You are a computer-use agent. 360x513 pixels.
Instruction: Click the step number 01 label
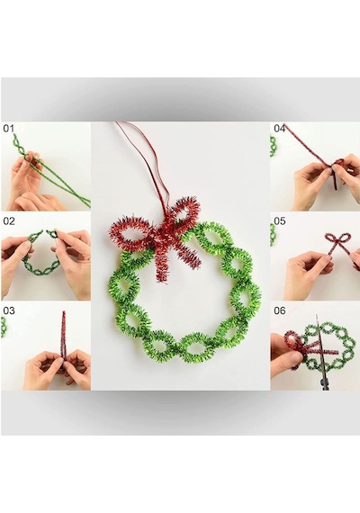coord(8,129)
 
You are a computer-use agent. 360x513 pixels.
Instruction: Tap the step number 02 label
coord(9,221)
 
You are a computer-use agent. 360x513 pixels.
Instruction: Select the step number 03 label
coord(9,310)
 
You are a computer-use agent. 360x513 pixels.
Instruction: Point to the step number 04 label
coord(280,129)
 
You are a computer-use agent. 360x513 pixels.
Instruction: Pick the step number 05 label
coord(280,221)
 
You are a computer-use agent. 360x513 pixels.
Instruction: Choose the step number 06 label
coord(280,310)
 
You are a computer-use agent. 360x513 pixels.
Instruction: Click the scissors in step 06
coord(321,354)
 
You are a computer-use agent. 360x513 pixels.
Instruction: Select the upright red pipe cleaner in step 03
coord(63,340)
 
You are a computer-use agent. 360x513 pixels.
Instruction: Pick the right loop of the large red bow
coord(184,210)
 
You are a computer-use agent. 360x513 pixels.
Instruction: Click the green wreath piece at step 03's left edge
coord(4,327)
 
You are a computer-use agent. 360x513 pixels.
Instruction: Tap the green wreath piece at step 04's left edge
coord(274,146)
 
